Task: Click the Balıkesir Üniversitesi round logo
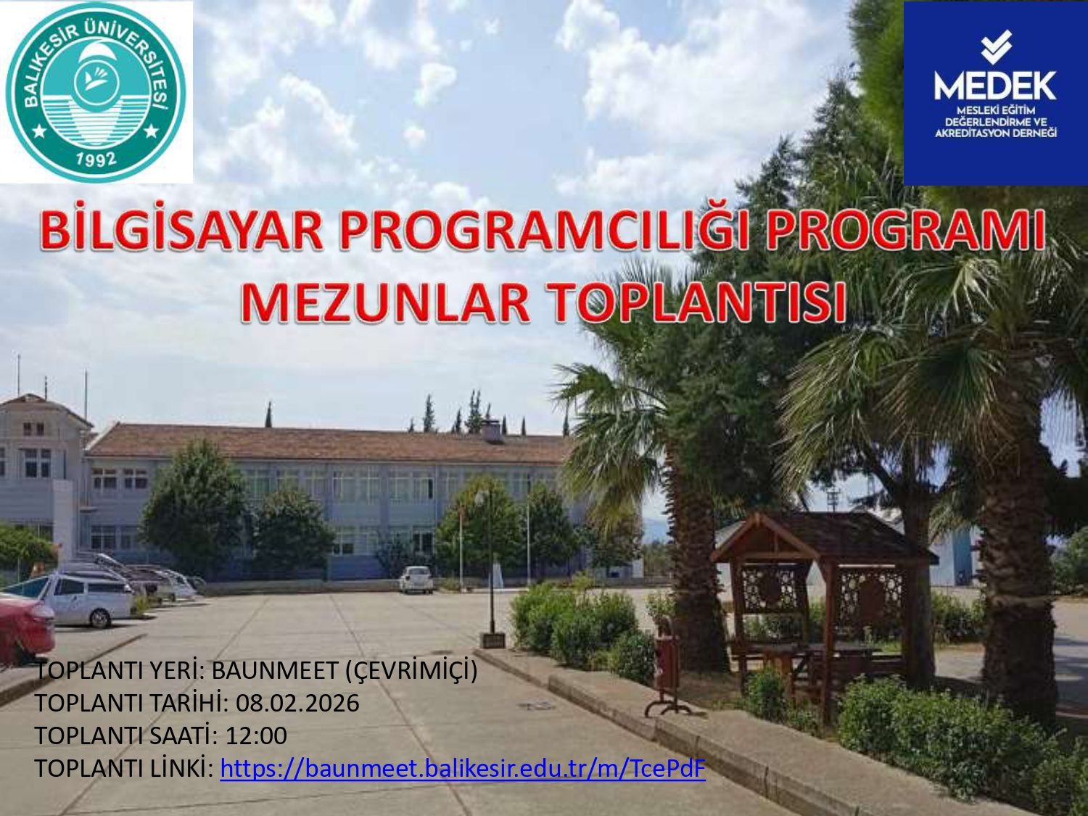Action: tap(96, 91)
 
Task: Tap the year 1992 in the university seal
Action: tap(96, 160)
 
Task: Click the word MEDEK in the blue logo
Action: tap(995, 86)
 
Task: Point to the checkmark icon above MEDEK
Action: tap(995, 47)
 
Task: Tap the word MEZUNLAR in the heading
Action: tap(386, 302)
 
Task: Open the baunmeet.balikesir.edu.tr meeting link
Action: tap(463, 768)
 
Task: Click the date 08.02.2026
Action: tap(297, 703)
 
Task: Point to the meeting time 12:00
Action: tap(256, 735)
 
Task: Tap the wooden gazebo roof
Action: tap(824, 539)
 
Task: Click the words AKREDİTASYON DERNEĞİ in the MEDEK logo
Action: tap(996, 133)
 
